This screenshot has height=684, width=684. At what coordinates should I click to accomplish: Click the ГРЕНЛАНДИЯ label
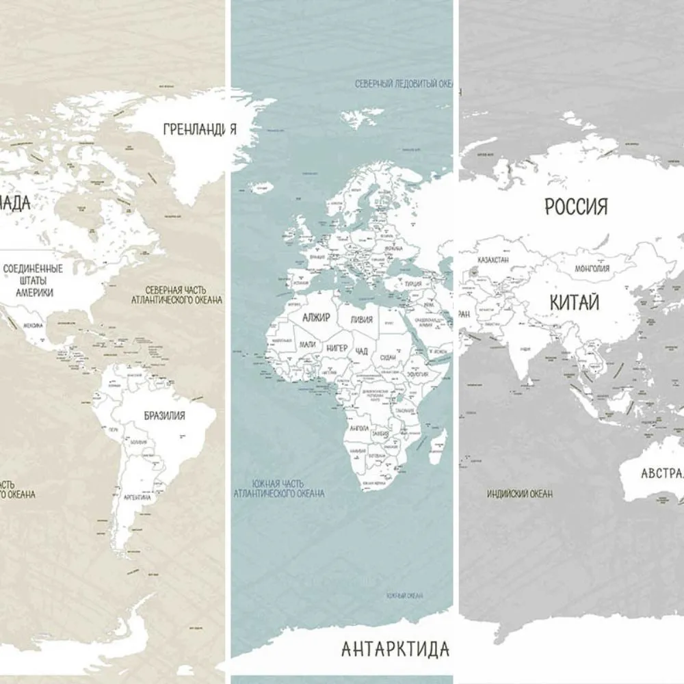click(200, 129)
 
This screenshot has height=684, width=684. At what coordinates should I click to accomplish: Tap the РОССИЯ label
click(576, 206)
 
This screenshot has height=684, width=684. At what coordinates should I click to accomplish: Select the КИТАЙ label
click(573, 302)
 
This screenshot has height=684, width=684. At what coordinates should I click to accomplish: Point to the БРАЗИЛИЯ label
click(164, 415)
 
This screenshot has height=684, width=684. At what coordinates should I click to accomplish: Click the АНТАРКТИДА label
click(395, 648)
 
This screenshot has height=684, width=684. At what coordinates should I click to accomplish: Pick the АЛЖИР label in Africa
click(316, 318)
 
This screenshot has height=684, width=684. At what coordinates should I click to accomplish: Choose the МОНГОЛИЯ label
click(592, 269)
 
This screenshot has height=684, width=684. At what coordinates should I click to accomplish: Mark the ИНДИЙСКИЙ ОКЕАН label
click(520, 493)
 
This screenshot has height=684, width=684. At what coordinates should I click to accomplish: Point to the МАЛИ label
click(308, 344)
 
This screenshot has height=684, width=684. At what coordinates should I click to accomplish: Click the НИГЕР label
click(337, 348)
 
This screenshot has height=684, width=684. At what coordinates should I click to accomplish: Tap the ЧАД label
click(363, 351)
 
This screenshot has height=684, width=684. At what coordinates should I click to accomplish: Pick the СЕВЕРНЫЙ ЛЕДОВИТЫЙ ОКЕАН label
click(404, 83)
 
